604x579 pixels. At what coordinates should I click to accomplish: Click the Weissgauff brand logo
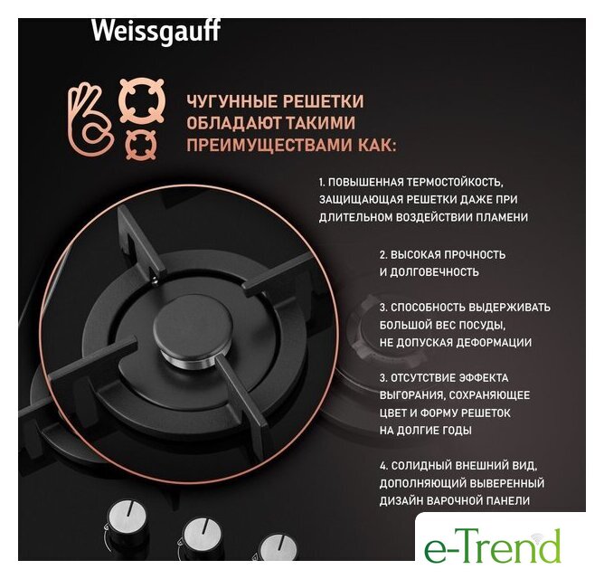(156, 32)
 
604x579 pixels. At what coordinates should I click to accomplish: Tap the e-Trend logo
(492, 545)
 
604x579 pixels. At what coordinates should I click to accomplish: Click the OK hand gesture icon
(90, 120)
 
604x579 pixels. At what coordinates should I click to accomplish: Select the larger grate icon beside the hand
(142, 100)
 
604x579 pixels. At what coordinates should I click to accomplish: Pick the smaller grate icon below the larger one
(141, 145)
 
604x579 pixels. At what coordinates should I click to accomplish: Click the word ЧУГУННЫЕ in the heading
(231, 101)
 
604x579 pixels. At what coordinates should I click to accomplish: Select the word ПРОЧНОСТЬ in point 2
(475, 255)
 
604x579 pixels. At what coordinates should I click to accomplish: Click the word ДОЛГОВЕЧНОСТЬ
(435, 272)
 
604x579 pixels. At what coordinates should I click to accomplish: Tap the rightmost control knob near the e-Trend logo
(278, 547)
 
